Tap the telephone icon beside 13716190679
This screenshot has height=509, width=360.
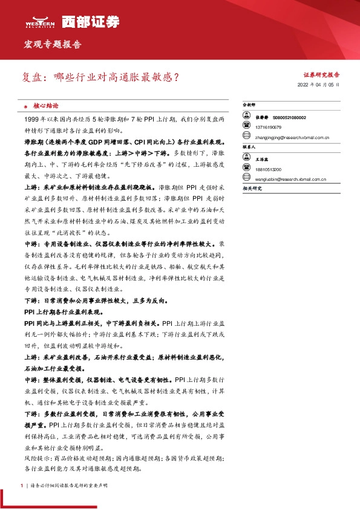247,128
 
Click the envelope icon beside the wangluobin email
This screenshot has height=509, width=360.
247,179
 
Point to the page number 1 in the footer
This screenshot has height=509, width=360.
22,485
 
